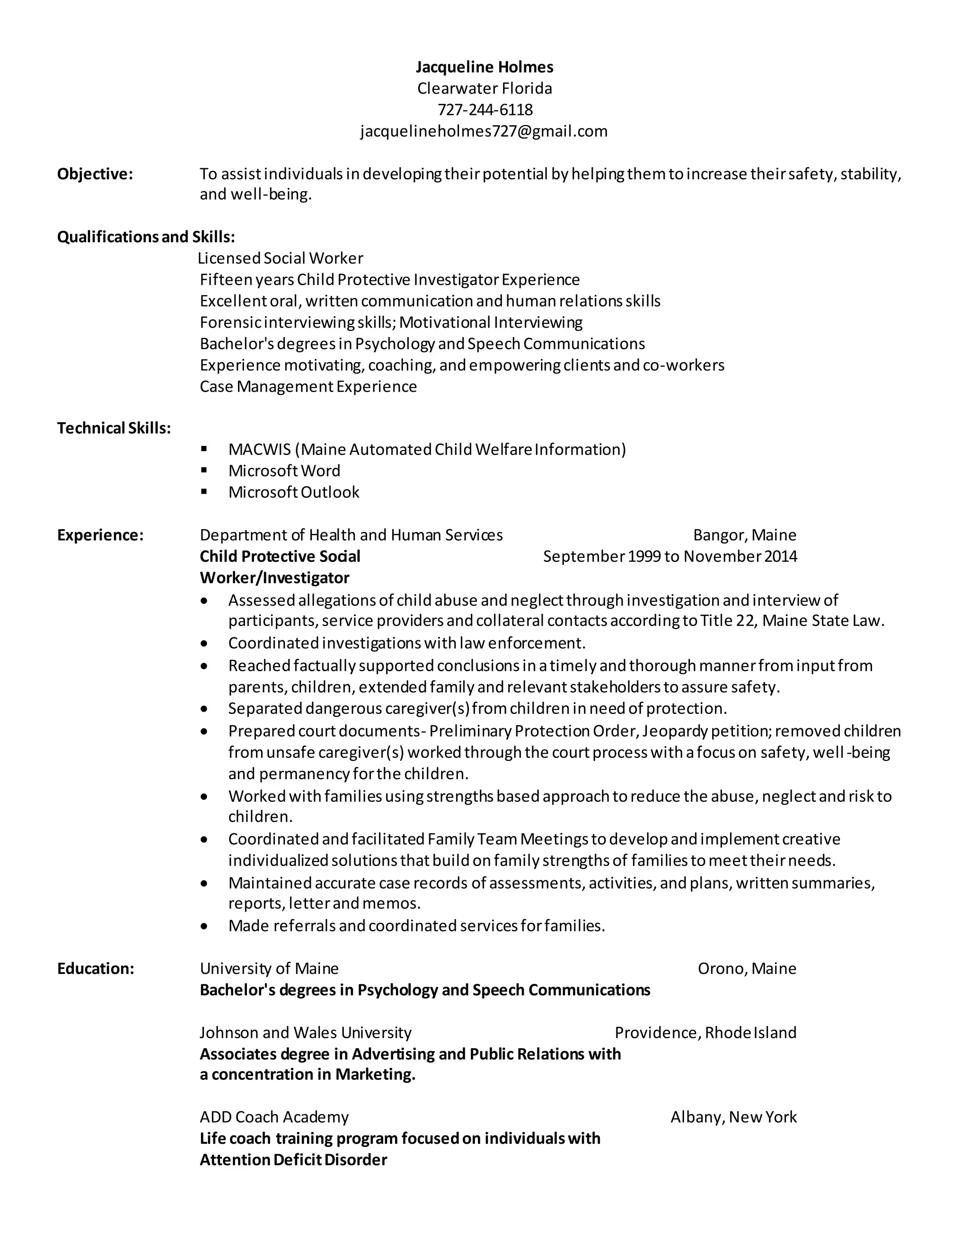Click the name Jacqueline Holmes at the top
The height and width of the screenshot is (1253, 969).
[484, 67]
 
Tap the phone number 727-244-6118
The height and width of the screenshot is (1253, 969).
[484, 110]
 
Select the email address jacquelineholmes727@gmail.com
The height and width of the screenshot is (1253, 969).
[484, 131]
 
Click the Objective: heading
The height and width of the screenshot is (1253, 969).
[95, 174]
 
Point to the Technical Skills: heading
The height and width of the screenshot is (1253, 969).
[114, 428]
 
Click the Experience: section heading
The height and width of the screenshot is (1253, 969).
[100, 535]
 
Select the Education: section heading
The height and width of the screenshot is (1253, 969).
[95, 968]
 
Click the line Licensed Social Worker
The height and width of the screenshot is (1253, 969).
[280, 258]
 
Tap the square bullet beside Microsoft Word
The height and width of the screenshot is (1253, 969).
[204, 470]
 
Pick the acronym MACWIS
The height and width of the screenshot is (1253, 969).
[259, 449]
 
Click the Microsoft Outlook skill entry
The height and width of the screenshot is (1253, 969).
[293, 492]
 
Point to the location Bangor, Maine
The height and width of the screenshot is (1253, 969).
[745, 535]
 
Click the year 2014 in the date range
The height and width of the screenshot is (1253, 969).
[781, 557]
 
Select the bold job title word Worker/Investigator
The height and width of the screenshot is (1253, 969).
[274, 578]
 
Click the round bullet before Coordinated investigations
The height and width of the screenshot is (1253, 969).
[204, 644]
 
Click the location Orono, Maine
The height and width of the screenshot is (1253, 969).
[747, 968]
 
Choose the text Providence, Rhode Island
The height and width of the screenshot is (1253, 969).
[705, 1033]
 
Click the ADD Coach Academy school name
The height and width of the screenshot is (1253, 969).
[274, 1117]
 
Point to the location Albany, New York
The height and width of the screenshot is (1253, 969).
[734, 1117]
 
